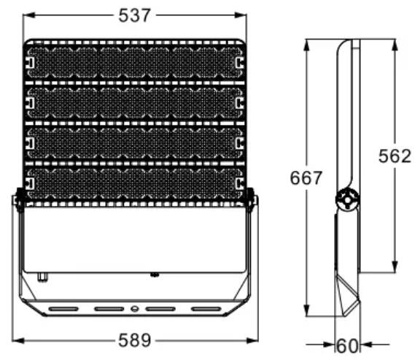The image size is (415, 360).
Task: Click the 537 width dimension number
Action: (134, 15)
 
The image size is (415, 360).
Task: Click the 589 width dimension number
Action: (134, 340)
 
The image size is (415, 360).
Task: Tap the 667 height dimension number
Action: (306, 177)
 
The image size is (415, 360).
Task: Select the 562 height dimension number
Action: (395, 156)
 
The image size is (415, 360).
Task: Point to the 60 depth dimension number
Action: (347, 345)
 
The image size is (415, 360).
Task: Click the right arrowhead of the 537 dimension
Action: (240, 15)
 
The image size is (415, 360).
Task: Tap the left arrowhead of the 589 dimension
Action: (18, 340)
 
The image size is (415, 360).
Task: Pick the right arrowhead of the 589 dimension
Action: (252, 340)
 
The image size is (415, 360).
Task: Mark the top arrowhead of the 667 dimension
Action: (306, 45)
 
